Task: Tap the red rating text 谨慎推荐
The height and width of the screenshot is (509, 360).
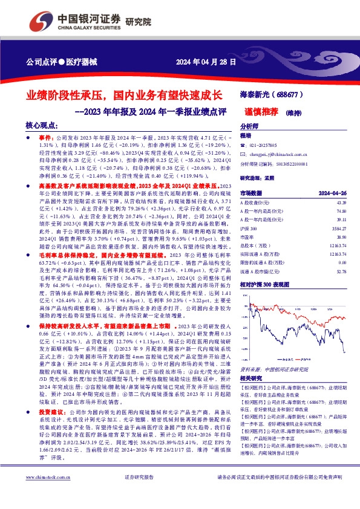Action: pyautogui.click(x=261, y=112)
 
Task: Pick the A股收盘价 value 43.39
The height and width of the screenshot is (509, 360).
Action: pyautogui.click(x=341, y=203)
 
